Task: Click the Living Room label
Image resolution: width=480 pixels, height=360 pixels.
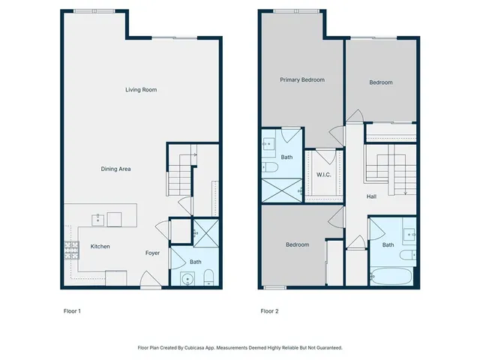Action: coord(140,90)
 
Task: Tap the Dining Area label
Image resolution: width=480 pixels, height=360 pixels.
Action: coord(116,169)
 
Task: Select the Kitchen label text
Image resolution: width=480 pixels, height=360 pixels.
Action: coord(101,246)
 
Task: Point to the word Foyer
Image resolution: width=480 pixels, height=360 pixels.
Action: coord(152,253)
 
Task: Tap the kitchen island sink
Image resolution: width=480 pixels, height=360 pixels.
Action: coord(97,219)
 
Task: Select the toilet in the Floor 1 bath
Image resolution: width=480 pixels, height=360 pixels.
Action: coord(208,277)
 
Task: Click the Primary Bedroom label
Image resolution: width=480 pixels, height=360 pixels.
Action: coord(302,79)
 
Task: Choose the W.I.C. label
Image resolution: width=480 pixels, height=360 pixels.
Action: coord(324,175)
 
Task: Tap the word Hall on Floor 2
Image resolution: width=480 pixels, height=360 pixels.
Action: coord(371,196)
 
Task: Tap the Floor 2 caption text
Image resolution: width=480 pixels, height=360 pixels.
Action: coord(269,310)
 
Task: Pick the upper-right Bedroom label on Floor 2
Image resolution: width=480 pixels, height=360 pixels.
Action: coord(380,82)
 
